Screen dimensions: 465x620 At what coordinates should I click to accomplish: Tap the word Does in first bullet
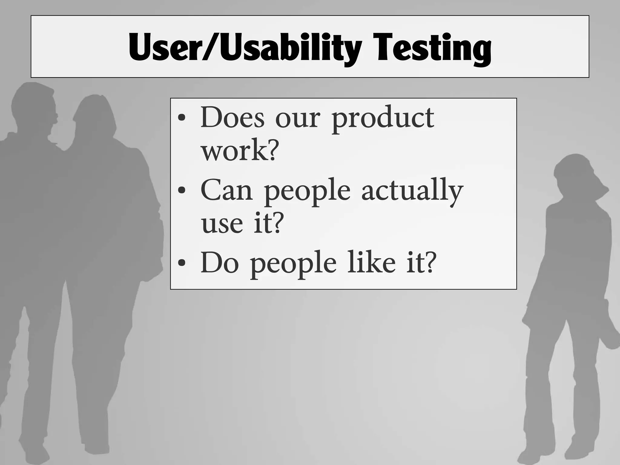coord(232,117)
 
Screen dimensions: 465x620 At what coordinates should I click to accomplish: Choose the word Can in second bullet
coord(226,190)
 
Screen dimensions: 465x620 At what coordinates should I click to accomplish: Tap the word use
coord(222,224)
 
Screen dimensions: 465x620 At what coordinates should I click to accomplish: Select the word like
coord(371,262)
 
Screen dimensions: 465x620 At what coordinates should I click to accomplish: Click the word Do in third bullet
coord(219,262)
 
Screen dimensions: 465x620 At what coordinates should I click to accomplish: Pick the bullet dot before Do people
coord(182,263)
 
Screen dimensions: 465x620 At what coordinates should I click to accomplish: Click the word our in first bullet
coord(297,119)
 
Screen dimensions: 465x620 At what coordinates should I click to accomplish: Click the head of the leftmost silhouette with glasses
coord(35,106)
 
